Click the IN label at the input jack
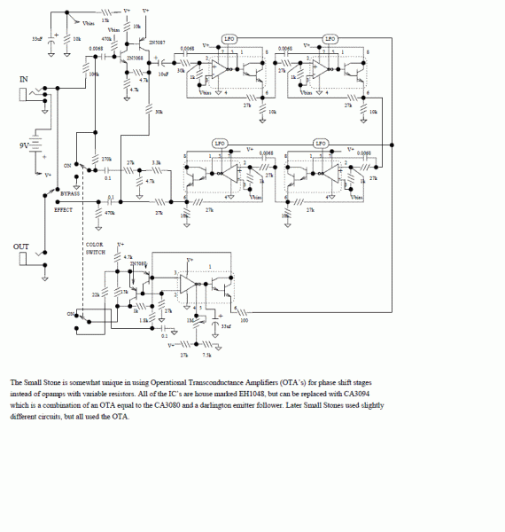pos(24,80)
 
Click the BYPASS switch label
pos(70,192)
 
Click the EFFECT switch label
pos(64,210)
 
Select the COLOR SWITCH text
pos(95,247)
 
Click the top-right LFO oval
pos(330,39)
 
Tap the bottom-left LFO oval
pos(221,143)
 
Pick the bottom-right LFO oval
pos(322,143)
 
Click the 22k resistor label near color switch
pos(95,294)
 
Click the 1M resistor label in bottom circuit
pos(190,320)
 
